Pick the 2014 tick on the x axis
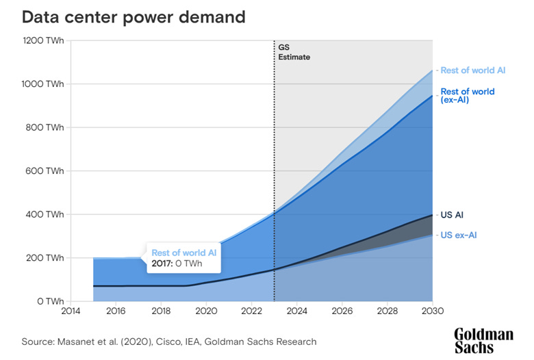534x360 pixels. tap(70, 311)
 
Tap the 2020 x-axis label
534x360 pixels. tap(206, 311)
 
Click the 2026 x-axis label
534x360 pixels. tap(342, 311)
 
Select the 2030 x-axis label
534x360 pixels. tap(432, 311)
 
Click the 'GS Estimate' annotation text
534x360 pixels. tap(294, 52)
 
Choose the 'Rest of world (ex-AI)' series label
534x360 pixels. tap(467, 96)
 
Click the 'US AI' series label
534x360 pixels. tap(451, 215)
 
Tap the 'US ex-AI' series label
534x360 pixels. tap(458, 235)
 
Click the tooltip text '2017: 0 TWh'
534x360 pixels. tap(175, 263)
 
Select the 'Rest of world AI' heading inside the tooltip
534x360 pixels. tap(184, 252)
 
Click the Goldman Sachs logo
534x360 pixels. tap(483, 340)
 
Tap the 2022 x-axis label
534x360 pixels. tap(251, 311)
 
